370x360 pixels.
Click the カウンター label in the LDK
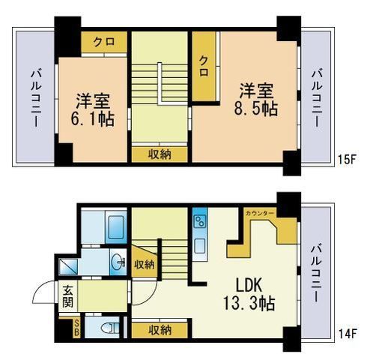click(x=260, y=214)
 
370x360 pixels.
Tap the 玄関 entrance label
click(x=67, y=297)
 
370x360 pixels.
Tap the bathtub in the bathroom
click(x=115, y=225)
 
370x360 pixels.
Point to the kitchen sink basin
click(x=199, y=244)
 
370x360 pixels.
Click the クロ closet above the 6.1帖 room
click(x=103, y=41)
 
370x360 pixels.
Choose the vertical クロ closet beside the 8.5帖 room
click(x=203, y=67)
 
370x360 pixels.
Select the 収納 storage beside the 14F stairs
click(x=144, y=264)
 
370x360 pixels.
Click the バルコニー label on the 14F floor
click(x=318, y=271)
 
